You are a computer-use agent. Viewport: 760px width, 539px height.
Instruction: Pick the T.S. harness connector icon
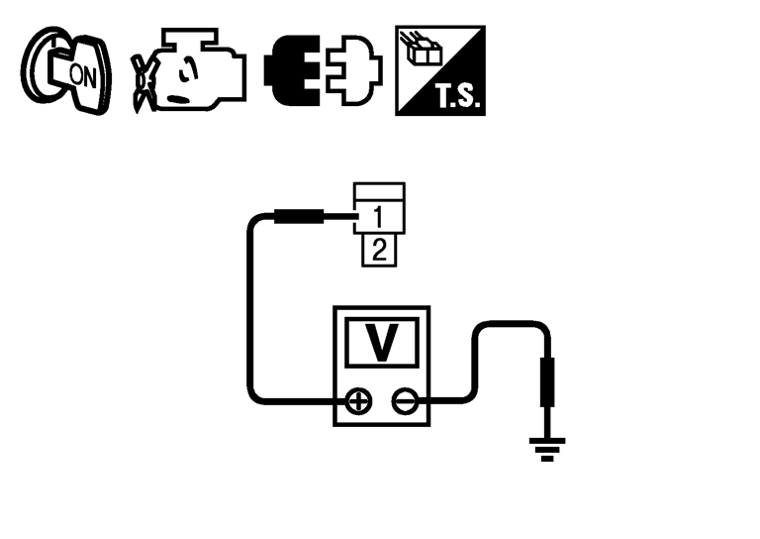[440, 70]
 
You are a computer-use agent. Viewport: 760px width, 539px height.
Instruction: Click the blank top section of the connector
[380, 192]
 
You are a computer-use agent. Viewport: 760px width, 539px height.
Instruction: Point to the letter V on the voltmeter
[381, 343]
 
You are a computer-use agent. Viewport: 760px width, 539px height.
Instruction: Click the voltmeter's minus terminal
[405, 401]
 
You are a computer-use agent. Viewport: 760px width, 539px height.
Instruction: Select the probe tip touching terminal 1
[298, 216]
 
